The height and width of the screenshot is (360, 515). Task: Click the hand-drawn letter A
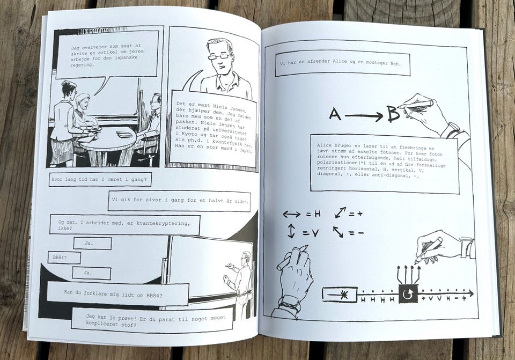[x=335, y=114]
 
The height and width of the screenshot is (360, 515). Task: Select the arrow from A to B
[x=364, y=116]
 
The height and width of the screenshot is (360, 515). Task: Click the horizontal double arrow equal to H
[x=292, y=215]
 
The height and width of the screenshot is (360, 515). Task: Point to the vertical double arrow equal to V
[x=291, y=231]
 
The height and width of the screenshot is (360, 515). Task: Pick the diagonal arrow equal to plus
[x=340, y=212]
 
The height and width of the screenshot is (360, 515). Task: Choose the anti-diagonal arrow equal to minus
[x=338, y=232]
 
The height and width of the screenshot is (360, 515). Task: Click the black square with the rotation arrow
[x=408, y=293]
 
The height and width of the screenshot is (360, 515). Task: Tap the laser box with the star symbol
[x=340, y=295]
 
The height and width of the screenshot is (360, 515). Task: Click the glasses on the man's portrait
[x=219, y=56]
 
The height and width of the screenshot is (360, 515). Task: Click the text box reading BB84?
[x=64, y=258]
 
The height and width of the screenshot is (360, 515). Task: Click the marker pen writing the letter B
[x=415, y=105]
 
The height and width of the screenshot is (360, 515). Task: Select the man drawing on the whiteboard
[x=241, y=284]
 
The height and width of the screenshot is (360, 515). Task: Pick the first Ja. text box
[x=93, y=244]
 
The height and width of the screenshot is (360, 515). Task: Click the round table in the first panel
[x=108, y=138]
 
